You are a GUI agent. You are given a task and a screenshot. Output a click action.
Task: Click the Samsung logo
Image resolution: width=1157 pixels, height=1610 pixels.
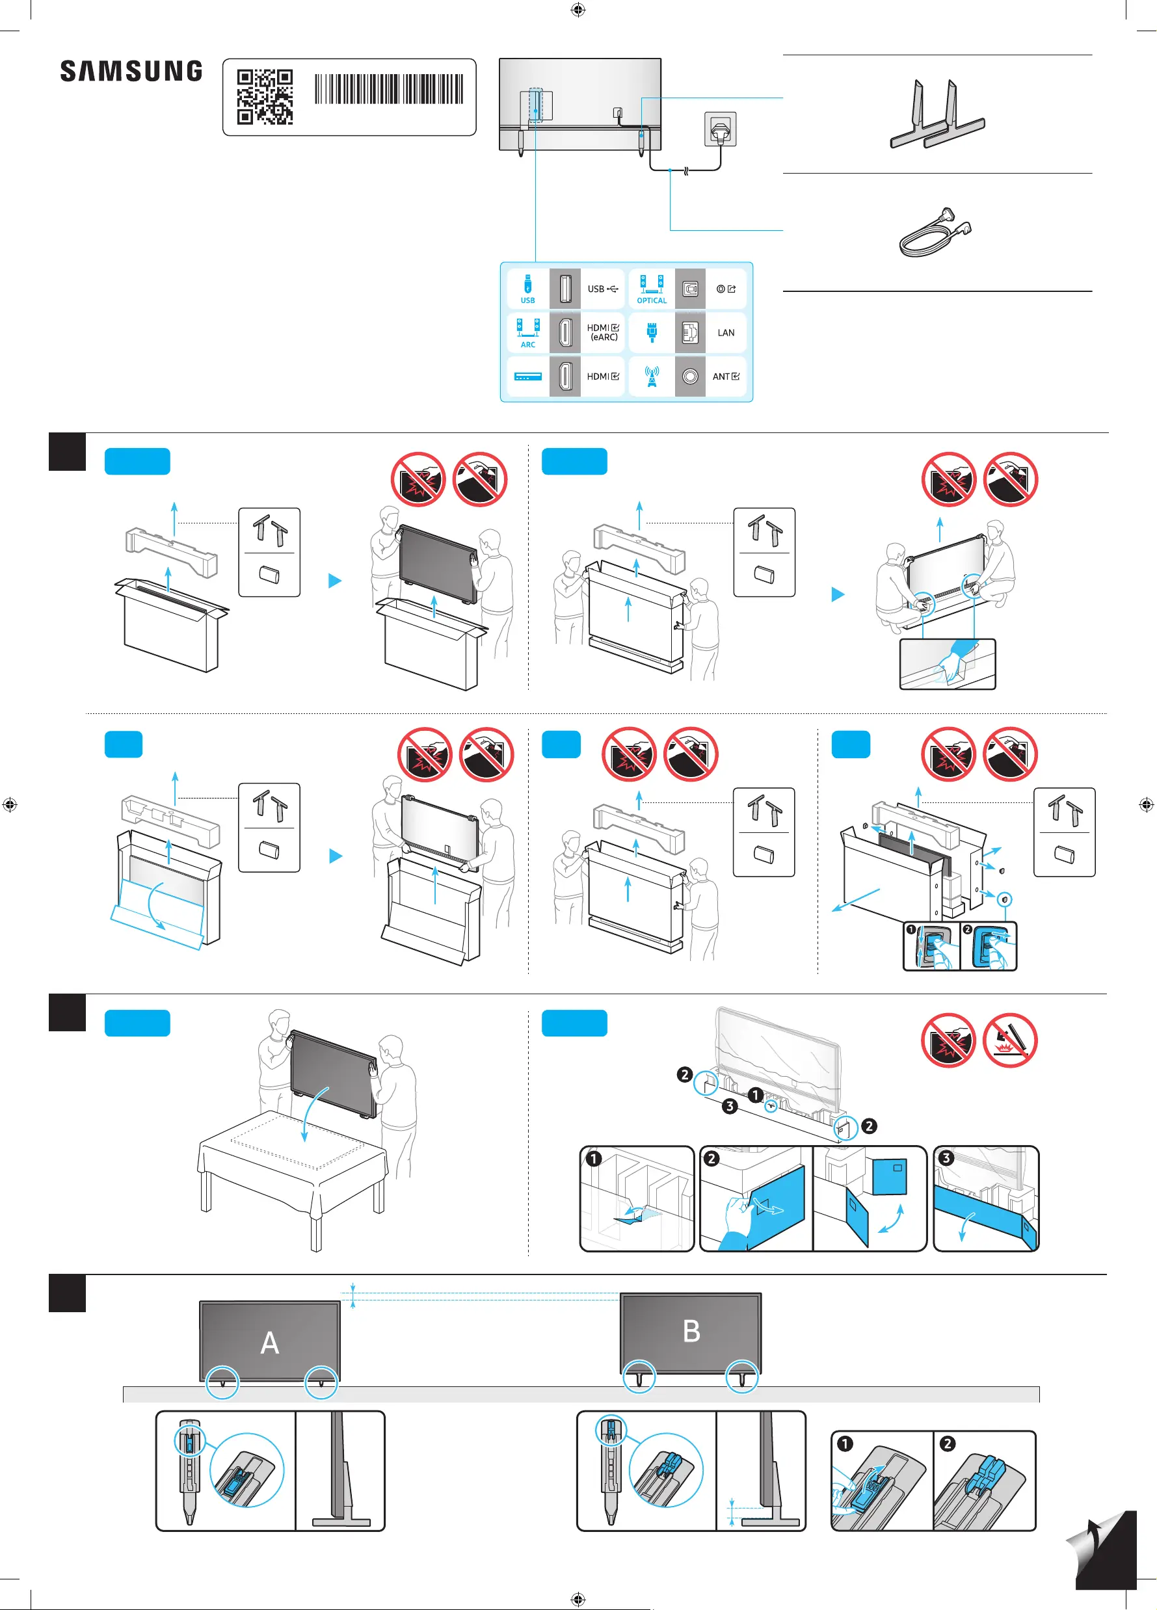pyautogui.click(x=131, y=71)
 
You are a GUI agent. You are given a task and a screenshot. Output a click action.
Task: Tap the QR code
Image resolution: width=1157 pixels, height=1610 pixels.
pyautogui.click(x=265, y=96)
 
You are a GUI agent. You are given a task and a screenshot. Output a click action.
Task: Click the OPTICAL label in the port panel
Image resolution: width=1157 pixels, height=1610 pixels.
pyautogui.click(x=652, y=301)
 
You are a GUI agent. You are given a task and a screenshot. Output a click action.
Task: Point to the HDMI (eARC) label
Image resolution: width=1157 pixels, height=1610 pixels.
pyautogui.click(x=604, y=333)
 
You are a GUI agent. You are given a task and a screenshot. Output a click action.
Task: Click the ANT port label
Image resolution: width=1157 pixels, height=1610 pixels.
pyautogui.click(x=725, y=377)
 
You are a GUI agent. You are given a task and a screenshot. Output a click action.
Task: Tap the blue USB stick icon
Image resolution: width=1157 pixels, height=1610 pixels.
pyautogui.click(x=527, y=285)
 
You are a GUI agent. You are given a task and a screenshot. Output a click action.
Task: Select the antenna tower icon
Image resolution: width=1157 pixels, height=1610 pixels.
pyautogui.click(x=652, y=376)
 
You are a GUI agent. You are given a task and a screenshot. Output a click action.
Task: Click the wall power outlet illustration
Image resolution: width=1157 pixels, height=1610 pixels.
pyautogui.click(x=721, y=129)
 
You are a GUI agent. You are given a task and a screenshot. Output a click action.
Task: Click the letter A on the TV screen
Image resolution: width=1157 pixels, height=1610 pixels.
pyautogui.click(x=270, y=1342)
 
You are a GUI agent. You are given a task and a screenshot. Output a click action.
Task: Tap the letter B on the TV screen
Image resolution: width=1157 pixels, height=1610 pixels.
pyautogui.click(x=691, y=1331)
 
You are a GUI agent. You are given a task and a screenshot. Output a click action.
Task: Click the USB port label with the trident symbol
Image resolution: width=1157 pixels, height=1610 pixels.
pyautogui.click(x=603, y=289)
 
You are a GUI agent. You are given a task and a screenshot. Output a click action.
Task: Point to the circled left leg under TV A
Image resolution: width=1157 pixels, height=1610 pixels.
pyautogui.click(x=223, y=1382)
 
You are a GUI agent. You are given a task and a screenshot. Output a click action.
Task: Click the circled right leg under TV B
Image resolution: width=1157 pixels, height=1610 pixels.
pyautogui.click(x=743, y=1377)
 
